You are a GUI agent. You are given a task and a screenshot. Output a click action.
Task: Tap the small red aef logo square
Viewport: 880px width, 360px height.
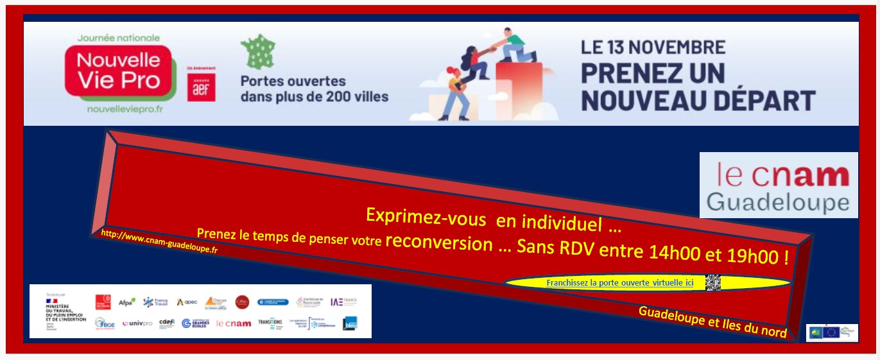(201, 88)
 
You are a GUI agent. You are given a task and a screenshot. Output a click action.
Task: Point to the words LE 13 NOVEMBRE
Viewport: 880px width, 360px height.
(653, 47)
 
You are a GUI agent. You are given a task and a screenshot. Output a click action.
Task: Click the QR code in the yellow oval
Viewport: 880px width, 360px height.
(713, 282)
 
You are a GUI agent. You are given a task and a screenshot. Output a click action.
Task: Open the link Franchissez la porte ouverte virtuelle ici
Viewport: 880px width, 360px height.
(620, 283)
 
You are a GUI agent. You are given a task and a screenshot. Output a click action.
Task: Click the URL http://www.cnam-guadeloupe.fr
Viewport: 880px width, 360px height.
(159, 242)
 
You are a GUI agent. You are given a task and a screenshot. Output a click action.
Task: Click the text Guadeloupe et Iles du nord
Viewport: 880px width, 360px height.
(712, 321)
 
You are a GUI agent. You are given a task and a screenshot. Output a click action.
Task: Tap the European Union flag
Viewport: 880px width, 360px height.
(832, 332)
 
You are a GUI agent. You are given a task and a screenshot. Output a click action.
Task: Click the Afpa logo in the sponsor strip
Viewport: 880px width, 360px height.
(126, 302)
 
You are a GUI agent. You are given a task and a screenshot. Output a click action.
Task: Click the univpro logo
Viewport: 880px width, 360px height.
(137, 323)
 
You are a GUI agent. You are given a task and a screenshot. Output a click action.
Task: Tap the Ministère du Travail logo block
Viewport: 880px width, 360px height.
(65, 311)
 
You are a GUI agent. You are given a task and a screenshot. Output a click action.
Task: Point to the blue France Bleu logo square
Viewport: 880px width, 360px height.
(350, 323)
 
